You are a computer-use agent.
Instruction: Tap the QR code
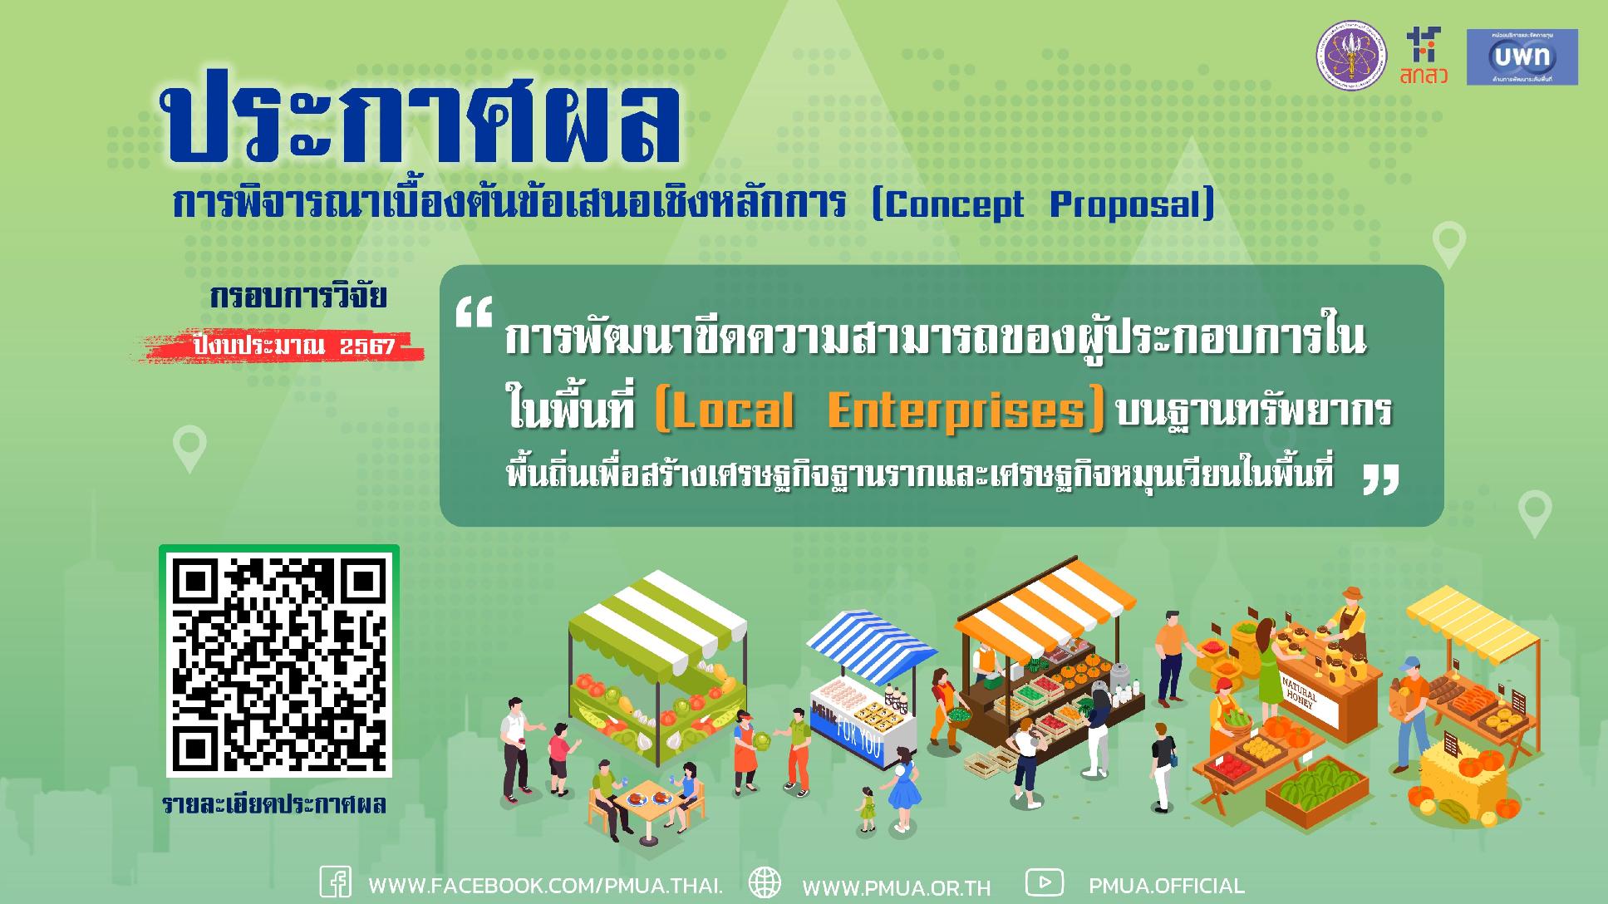point(279,661)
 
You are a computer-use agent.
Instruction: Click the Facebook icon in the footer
point(336,882)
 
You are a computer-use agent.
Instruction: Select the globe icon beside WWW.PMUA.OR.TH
point(765,882)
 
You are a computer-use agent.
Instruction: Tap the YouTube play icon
point(1044,882)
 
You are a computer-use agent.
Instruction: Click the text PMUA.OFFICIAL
point(1166,886)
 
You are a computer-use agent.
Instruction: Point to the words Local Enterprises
point(880,411)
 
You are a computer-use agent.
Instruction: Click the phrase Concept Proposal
point(1042,204)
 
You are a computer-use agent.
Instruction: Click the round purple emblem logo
point(1351,56)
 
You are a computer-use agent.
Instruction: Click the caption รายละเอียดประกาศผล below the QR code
point(274,805)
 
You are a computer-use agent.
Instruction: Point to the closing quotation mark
point(1380,479)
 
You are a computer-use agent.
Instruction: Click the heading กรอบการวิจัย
point(298,297)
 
